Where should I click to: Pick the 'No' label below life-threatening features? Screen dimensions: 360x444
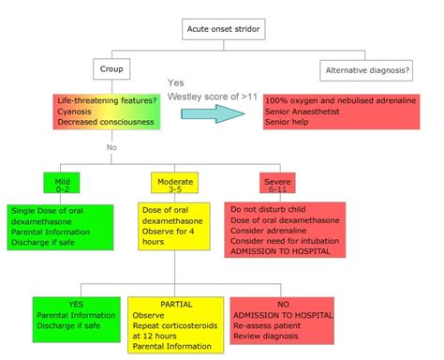[x=111, y=147]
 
